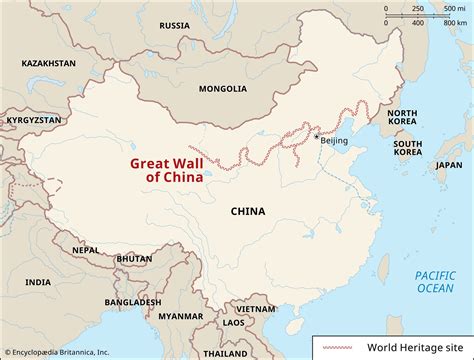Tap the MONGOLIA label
click(222, 88)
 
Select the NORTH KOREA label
click(402, 119)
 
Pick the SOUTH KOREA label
click(407, 149)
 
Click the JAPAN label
click(449, 165)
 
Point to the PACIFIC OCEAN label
click(435, 281)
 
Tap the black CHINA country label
click(247, 211)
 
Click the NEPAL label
click(84, 250)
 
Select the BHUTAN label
click(134, 258)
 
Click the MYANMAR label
click(182, 317)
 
